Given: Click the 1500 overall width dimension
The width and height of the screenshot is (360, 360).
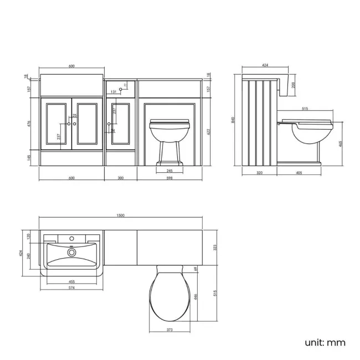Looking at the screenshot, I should pyautogui.click(x=121, y=215).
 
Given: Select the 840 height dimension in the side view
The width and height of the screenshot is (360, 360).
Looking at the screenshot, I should pyautogui.click(x=234, y=120).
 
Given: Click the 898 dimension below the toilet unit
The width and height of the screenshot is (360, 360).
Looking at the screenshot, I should pyautogui.click(x=169, y=178).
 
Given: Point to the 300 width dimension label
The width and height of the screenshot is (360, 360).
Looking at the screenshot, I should pyautogui.click(x=121, y=178).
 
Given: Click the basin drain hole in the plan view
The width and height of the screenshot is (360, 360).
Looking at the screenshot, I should pyautogui.click(x=71, y=252).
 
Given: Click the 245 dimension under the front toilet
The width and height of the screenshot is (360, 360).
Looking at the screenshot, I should pyautogui.click(x=169, y=171).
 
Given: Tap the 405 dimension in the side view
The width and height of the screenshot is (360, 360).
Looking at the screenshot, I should pyautogui.click(x=299, y=173).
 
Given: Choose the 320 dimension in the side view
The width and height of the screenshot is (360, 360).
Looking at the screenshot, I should pyautogui.click(x=259, y=173).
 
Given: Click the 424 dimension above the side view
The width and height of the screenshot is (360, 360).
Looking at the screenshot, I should pyautogui.click(x=265, y=65).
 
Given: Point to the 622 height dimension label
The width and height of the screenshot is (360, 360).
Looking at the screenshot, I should pyautogui.click(x=208, y=131).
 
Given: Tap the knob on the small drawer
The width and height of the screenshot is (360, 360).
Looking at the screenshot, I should pyautogui.click(x=120, y=89).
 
